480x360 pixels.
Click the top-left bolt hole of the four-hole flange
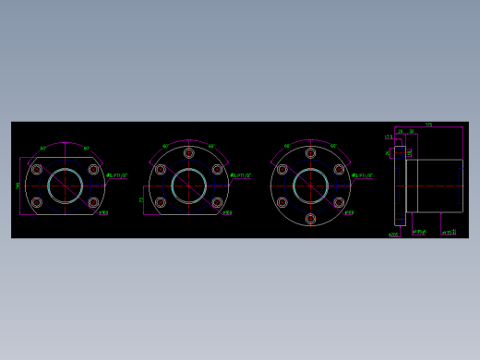(x=37, y=169)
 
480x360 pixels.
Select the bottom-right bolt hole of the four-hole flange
(x=93, y=202)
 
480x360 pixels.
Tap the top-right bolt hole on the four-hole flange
(x=93, y=169)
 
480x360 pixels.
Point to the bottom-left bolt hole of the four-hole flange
(x=37, y=202)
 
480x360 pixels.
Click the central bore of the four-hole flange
(x=66, y=186)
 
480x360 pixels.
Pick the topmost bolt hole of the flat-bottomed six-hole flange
(x=188, y=153)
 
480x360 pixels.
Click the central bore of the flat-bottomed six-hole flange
(x=188, y=186)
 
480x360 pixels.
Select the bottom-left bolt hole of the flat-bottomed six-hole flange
(x=161, y=202)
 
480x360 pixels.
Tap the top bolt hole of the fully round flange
(x=310, y=153)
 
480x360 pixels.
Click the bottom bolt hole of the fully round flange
(x=310, y=219)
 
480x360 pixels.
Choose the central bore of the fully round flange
(x=310, y=186)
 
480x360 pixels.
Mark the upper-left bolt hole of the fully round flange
(x=282, y=169)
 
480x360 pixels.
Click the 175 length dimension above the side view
(x=428, y=125)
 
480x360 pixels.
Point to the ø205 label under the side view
(x=393, y=234)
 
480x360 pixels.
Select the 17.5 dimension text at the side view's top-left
(x=389, y=137)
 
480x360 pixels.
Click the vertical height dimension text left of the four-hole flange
(x=18, y=186)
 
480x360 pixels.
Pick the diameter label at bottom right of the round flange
(x=349, y=212)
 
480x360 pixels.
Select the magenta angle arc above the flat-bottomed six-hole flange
(x=188, y=141)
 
